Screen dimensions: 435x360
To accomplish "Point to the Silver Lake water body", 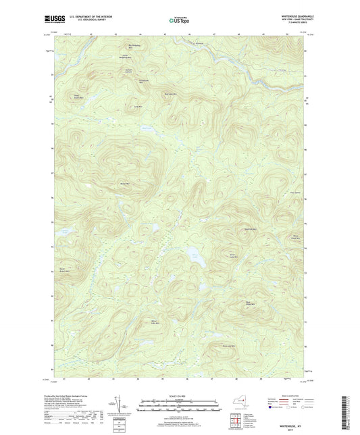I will point(194,256).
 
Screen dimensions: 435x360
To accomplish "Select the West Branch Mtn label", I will point(64,271).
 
